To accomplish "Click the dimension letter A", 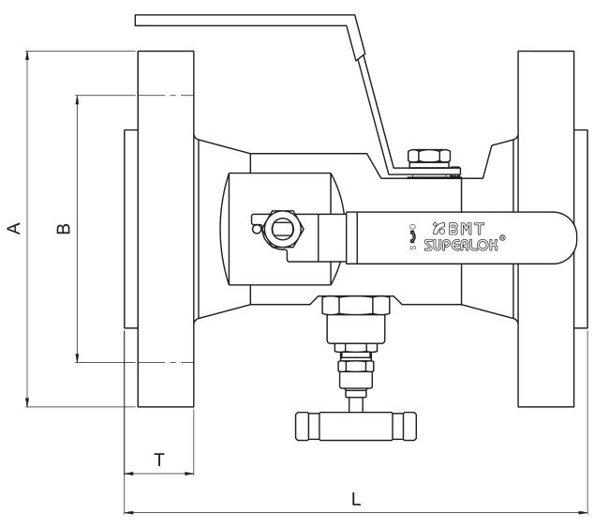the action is pos(14,228).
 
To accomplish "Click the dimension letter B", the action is pos(64,229).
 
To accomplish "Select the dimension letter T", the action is pos(159,460).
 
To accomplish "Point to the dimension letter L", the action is pos(356,499).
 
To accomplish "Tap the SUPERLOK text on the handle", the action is pos(461,246).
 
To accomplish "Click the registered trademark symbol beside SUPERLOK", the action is pos(502,237).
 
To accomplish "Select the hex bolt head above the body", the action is pos(429,157).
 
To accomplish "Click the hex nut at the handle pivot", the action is pos(284,228).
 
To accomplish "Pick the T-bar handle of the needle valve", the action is pos(356,426).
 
